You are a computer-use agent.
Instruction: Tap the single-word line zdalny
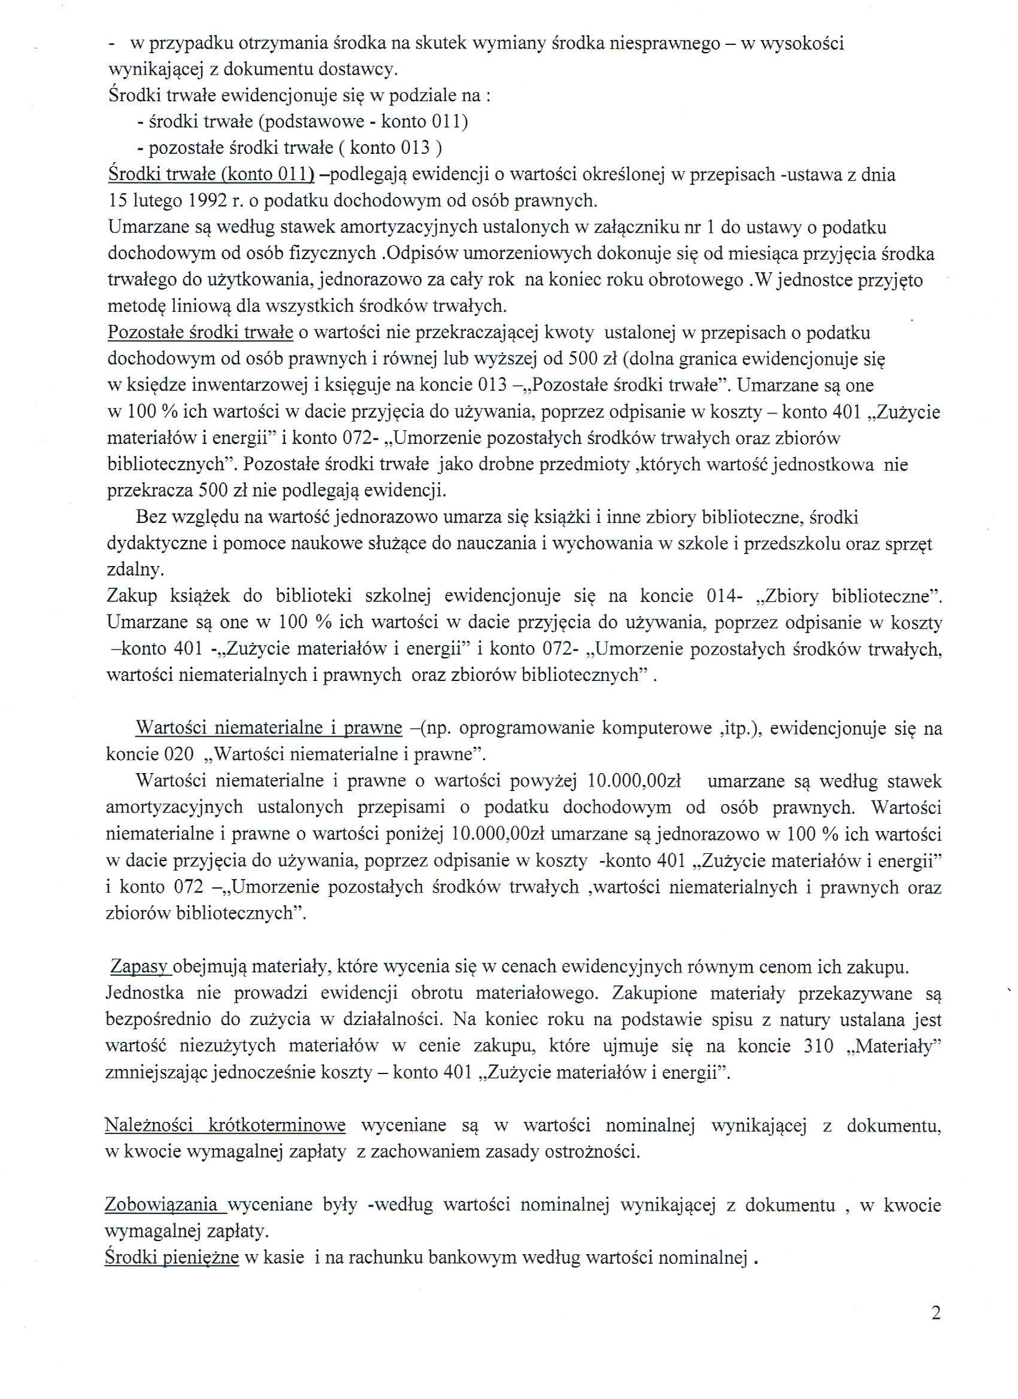point(132,571)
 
